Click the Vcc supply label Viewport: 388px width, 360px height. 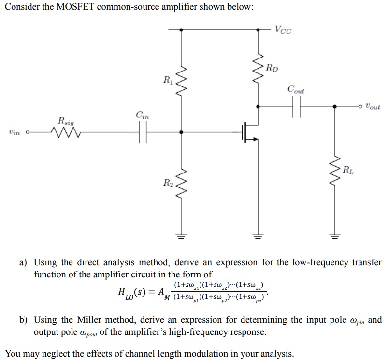pyautogui.click(x=283, y=29)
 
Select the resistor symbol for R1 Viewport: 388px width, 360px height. pyautogui.click(x=181, y=78)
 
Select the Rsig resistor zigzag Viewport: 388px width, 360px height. pyautogui.click(x=64, y=132)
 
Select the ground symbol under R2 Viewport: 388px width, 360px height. pyautogui.click(x=181, y=237)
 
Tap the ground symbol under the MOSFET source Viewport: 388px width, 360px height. pyautogui.click(x=258, y=237)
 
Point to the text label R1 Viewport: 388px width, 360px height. pyautogui.click(x=167, y=79)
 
